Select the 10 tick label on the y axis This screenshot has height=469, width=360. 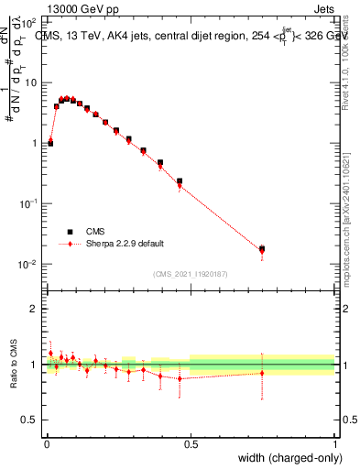31,82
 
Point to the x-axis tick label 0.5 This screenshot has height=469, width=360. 191,442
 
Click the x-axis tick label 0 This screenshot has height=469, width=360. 46,442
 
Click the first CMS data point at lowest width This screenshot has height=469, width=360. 50,143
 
